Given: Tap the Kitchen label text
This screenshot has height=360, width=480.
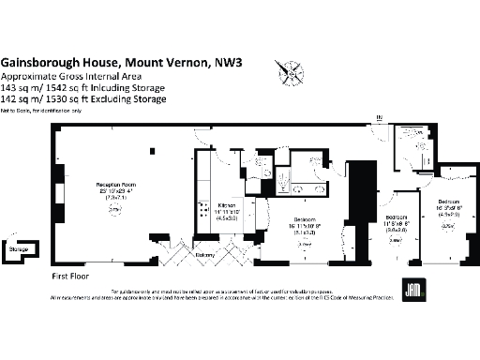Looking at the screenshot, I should [x=226, y=202].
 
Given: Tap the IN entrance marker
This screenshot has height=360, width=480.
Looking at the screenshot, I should [x=380, y=118].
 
